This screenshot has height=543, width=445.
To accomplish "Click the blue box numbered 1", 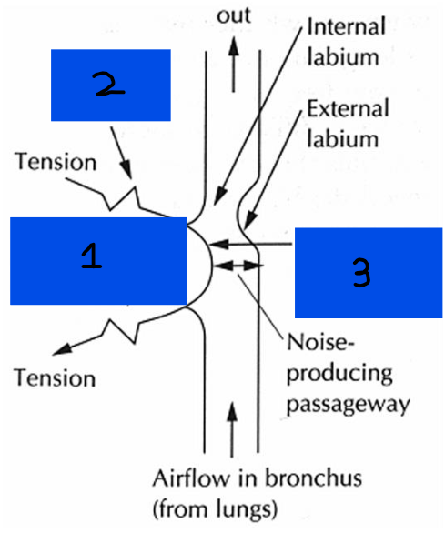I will pos(96,260).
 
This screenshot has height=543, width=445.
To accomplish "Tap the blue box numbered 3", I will pos(368,272).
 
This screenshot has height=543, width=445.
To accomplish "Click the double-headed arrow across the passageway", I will pos(238,264).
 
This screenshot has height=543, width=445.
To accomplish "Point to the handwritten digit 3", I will pos(359,272).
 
